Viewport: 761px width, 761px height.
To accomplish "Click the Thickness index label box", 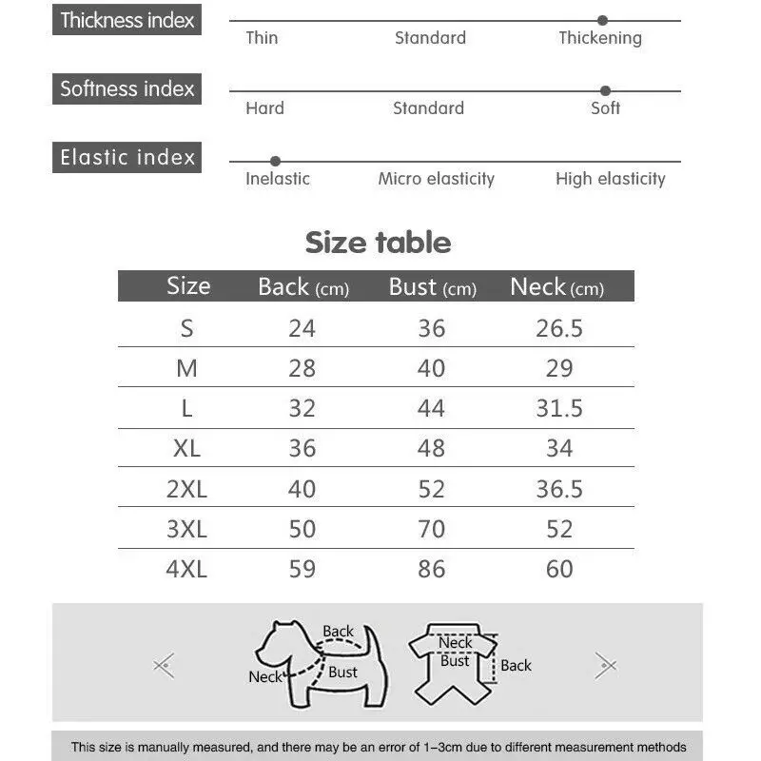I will (x=127, y=20).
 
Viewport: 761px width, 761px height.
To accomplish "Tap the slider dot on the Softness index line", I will (x=605, y=91).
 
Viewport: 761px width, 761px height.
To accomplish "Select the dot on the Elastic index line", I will (x=275, y=162).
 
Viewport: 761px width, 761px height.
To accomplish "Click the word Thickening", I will (x=599, y=38).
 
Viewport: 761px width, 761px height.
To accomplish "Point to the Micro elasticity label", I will (x=436, y=179).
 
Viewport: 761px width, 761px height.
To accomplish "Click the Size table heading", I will (x=378, y=243).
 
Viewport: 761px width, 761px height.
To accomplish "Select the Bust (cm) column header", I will (x=432, y=287).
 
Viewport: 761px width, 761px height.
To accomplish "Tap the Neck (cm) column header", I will (x=556, y=287).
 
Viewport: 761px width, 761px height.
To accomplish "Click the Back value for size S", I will (x=302, y=328).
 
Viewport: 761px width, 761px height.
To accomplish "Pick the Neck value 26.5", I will (x=559, y=328).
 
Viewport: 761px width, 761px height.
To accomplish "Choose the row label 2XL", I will (x=186, y=489).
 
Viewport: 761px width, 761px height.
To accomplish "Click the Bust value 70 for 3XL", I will (x=431, y=529).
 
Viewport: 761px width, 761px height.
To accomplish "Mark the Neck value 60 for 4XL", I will (x=559, y=569).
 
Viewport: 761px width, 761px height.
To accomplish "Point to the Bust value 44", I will (x=431, y=408).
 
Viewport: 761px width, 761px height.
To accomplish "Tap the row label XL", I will (x=186, y=449).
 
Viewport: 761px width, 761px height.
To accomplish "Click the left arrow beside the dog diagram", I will (x=165, y=665).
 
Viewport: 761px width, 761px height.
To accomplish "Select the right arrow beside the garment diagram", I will (x=605, y=665).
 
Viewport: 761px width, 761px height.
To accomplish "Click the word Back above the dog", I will (x=338, y=631).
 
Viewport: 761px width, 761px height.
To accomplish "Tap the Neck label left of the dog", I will (x=265, y=677).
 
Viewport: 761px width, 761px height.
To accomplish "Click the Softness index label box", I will (x=127, y=89).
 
